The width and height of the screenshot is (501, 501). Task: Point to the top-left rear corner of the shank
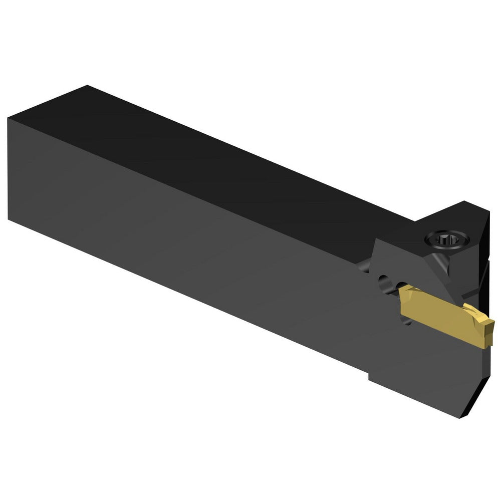pos(9,118)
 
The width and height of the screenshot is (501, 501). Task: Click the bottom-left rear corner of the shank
pos(9,219)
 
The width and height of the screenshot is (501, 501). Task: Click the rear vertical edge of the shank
pos(9,168)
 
